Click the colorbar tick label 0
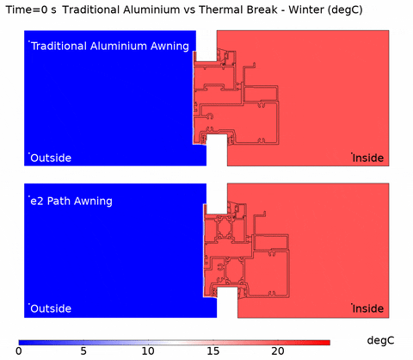(19, 351)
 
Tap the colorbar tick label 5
(83, 351)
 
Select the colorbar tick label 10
(148, 351)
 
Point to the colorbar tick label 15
(213, 351)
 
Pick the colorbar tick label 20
(278, 351)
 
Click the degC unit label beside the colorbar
(380, 340)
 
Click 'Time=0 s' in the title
(31, 9)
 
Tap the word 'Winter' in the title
(305, 9)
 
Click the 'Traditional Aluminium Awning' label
(110, 47)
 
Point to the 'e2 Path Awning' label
(71, 201)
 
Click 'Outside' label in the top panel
(51, 158)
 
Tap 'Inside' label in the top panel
(368, 158)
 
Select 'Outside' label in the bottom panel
(51, 308)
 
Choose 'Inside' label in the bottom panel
(368, 308)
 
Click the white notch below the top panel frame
(217, 150)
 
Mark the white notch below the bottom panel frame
(227, 302)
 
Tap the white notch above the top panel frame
(206, 46)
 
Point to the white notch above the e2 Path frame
(217, 198)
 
